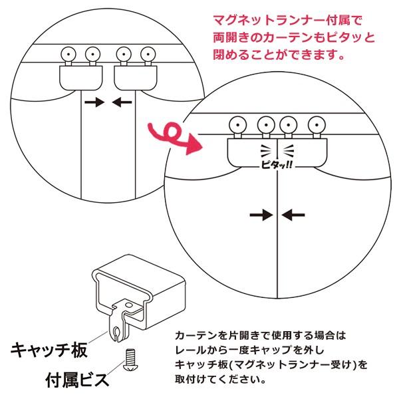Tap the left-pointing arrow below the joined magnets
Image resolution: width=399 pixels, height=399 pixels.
point(293,214)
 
